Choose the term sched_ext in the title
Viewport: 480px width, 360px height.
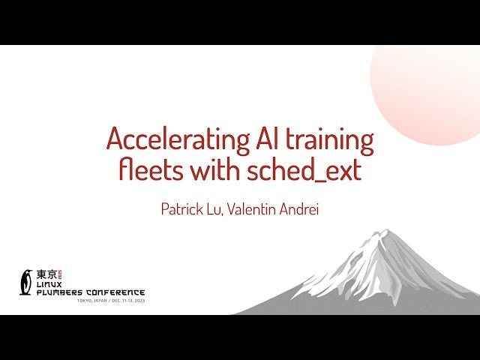tap(303, 171)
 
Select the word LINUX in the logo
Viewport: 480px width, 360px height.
tap(50, 285)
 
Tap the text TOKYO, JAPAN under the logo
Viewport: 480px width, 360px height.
tap(91, 301)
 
